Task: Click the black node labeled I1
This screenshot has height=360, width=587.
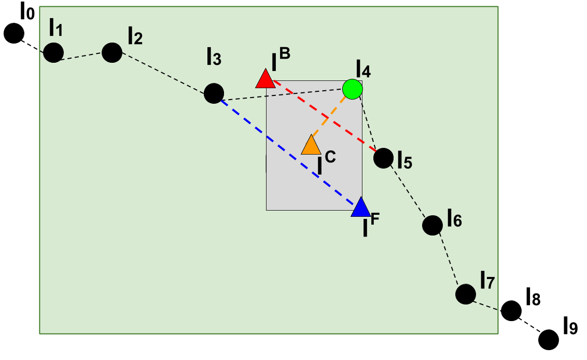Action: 53,52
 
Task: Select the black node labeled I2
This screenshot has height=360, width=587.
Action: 112,52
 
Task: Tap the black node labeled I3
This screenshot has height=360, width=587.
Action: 214,93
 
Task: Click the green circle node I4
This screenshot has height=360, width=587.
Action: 353,89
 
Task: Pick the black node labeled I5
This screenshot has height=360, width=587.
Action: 383,158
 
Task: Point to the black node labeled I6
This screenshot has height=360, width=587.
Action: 432,225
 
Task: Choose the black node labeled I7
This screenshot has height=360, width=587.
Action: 466,294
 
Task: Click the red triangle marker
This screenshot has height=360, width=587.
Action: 265,80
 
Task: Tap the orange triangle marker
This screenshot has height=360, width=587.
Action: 311,146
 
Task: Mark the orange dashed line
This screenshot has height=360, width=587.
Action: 328,119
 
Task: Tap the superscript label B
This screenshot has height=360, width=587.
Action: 285,52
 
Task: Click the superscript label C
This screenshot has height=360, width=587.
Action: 330,156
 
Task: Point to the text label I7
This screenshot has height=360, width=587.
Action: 487,281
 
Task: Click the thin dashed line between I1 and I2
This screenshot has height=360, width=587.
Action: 83,57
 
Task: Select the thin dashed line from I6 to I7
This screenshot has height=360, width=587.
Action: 449,259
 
